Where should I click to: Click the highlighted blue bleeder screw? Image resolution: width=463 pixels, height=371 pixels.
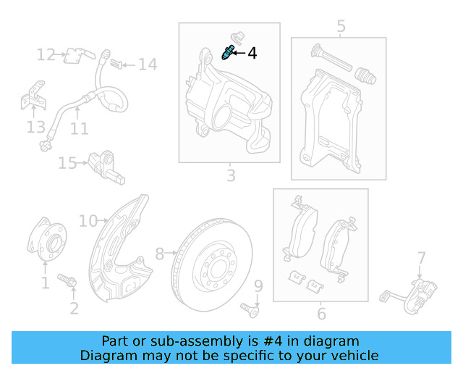point(228,52)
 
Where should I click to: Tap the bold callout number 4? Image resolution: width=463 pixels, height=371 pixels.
point(252,53)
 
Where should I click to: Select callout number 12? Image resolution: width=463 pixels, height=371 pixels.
point(46,55)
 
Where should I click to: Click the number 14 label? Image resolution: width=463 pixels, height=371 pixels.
point(148,64)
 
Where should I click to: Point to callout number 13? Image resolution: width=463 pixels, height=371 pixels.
point(36,127)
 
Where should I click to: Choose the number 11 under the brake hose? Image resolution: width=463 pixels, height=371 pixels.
point(79,129)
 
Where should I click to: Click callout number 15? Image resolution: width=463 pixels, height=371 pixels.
point(67,163)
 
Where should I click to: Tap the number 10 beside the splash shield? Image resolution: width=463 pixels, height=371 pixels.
point(88,221)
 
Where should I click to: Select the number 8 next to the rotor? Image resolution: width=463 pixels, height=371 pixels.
point(160,254)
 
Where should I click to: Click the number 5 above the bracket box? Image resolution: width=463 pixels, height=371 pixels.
point(341,26)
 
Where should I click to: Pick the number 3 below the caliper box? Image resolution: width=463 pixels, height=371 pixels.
point(231,175)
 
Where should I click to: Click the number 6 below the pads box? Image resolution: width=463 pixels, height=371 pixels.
point(321,314)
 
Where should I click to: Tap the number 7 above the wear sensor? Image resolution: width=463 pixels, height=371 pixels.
point(421,258)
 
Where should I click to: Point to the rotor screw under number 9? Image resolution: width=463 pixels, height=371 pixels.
point(250,310)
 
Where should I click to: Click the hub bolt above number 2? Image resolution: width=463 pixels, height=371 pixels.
point(67,280)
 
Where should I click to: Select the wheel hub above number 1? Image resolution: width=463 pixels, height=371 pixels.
point(47,239)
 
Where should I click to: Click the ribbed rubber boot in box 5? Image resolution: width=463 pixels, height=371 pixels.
point(365,76)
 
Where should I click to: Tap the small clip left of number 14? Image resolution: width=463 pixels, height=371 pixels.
point(116,64)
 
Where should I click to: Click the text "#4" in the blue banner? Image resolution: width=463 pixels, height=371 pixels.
point(272,341)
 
